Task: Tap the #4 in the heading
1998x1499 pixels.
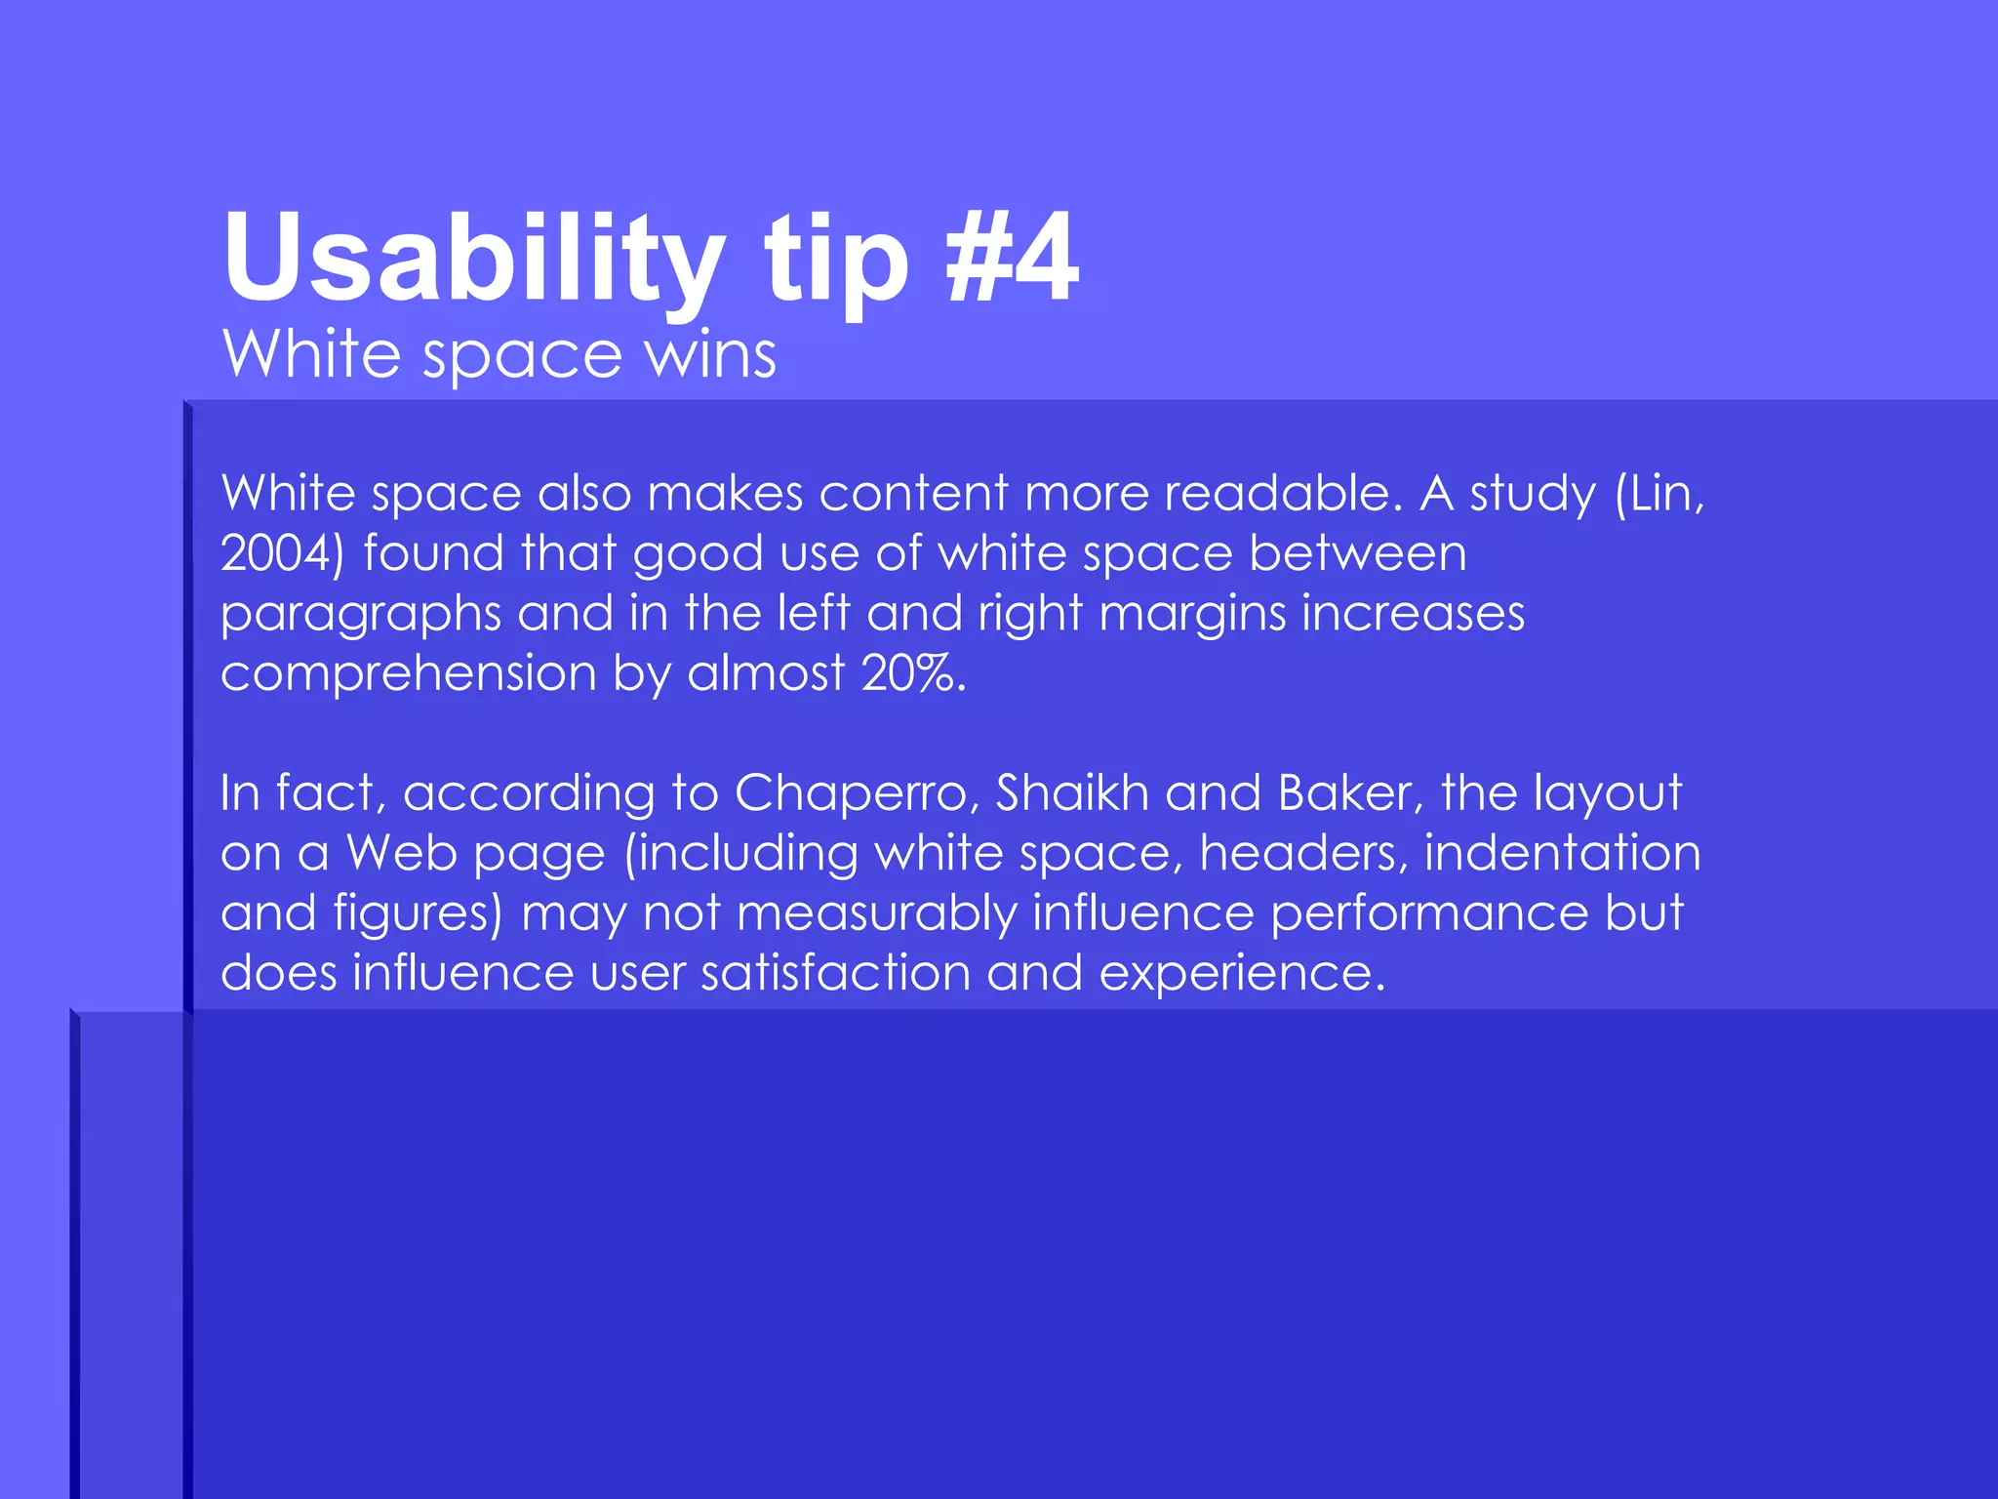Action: (1012, 258)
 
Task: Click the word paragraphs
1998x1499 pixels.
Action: (360, 615)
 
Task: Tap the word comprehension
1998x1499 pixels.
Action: (408, 674)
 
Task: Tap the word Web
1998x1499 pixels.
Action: (402, 854)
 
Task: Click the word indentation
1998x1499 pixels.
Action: (1562, 854)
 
